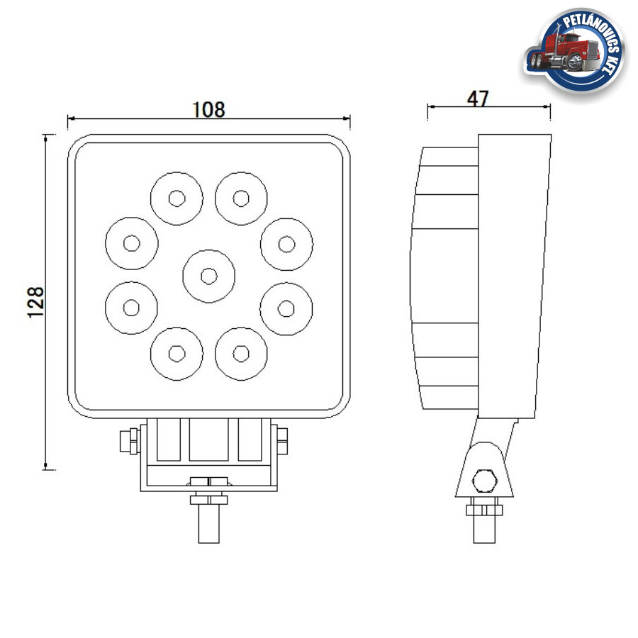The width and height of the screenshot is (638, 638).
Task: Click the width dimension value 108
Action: [x=208, y=109]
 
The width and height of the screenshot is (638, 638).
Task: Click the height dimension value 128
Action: [x=36, y=302]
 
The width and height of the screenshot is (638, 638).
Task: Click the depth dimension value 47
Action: [x=478, y=99]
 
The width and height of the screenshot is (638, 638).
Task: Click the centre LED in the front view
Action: [x=208, y=276]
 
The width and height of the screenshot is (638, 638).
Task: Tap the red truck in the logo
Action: [x=563, y=52]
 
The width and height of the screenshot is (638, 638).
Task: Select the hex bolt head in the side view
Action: [x=484, y=481]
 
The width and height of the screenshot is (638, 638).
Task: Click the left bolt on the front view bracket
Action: [x=130, y=441]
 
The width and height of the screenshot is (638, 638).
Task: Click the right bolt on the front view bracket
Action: [x=281, y=441]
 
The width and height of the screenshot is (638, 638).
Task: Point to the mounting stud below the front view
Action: [x=208, y=523]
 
